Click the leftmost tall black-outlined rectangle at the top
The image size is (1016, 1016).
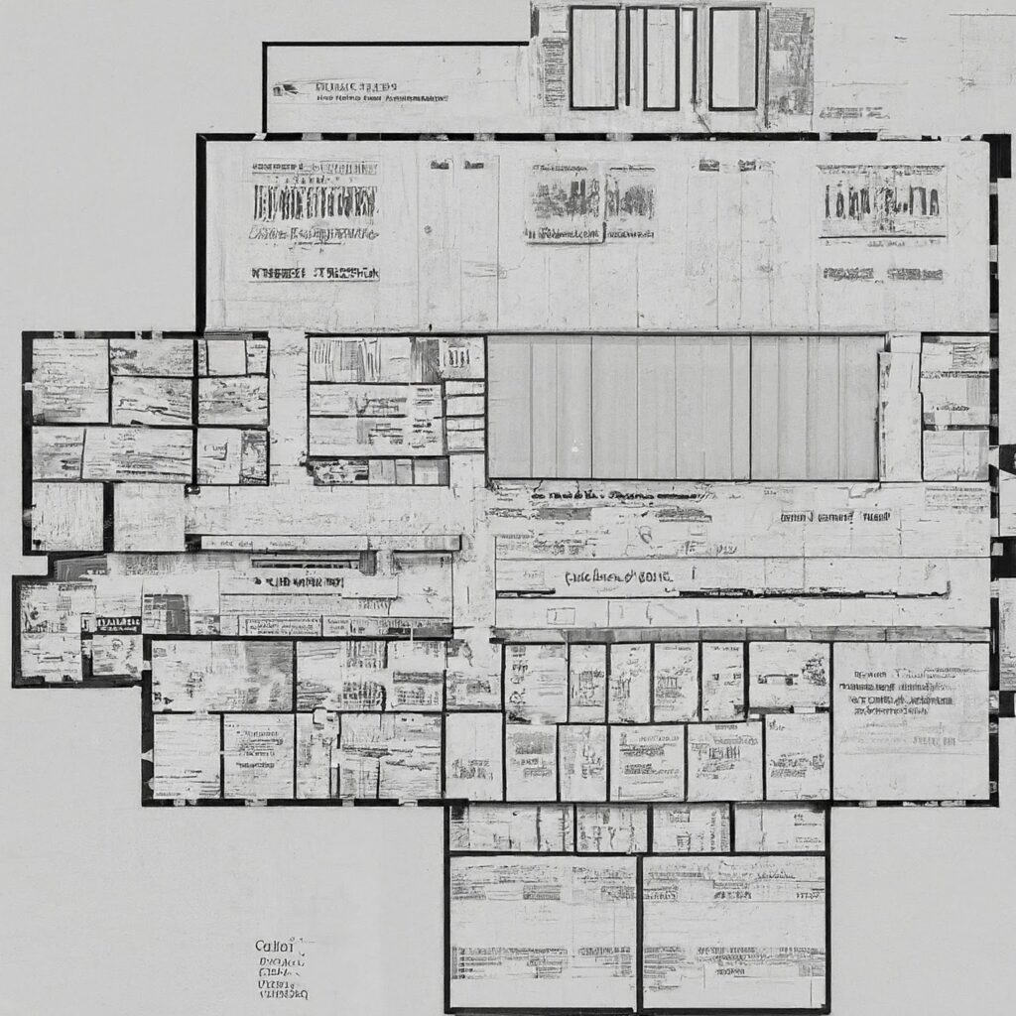(594, 58)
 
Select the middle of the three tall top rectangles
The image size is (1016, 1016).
(661, 58)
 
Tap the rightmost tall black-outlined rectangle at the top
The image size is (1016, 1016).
(733, 58)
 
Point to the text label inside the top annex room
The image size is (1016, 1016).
(361, 91)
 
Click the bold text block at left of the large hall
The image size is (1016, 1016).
(315, 202)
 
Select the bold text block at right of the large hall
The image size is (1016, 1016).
(882, 201)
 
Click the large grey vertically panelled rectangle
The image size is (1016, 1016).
(684, 407)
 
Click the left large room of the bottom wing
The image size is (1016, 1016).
(543, 932)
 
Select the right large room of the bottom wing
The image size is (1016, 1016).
(734, 932)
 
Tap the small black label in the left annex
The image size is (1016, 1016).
(117, 623)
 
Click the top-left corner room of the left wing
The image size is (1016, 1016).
(69, 381)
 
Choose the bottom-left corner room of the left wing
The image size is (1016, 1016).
(67, 516)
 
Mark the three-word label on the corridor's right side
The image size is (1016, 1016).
(835, 517)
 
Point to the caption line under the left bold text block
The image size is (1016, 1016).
(315, 272)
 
